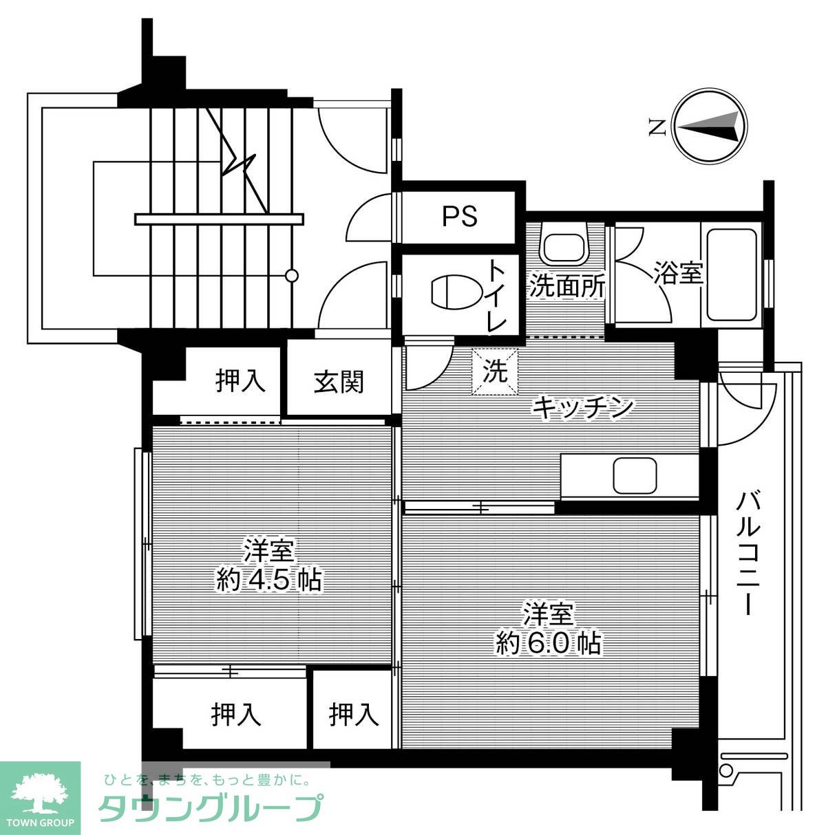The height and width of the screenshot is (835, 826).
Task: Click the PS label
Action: tap(459, 217)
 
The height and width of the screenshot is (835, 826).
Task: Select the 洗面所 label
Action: tap(567, 286)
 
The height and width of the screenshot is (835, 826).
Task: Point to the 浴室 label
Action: tap(677, 274)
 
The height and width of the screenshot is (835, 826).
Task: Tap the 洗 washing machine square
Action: tap(494, 372)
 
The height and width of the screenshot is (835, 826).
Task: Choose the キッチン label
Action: tap(582, 407)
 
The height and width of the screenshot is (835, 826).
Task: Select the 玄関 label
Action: tap(339, 381)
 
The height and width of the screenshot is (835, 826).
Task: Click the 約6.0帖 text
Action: tap(549, 642)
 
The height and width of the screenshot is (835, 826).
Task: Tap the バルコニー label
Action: tap(748, 552)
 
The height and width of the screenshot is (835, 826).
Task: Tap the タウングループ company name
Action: tap(211, 808)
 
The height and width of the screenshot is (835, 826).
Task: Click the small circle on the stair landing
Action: tap(292, 276)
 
